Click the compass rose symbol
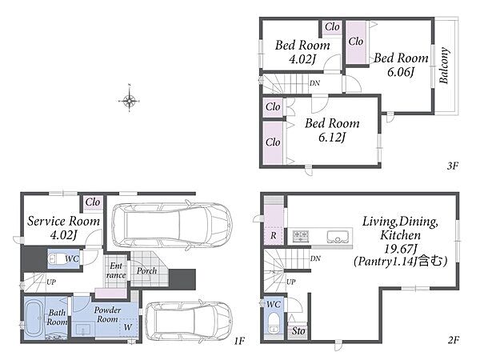point(130,99)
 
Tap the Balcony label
point(444,66)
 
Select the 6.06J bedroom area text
point(401,73)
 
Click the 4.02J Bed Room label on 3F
point(302,52)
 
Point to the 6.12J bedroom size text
point(332,138)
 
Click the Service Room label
point(64,221)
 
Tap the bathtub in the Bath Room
point(34,319)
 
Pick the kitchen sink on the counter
point(338,236)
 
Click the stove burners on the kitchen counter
point(300,236)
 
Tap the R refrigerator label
point(274,235)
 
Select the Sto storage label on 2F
point(298,331)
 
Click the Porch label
point(147,271)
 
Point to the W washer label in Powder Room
point(128,327)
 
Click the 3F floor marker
point(453,166)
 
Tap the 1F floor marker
point(240,341)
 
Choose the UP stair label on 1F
point(51,282)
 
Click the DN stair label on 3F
point(314,83)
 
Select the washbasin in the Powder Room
point(82,330)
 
